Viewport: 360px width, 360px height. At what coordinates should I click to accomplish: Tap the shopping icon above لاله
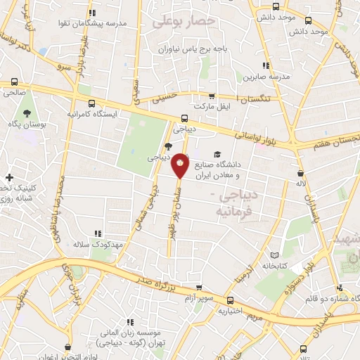(301, 172)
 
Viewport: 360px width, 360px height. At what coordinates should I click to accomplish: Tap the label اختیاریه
(231, 309)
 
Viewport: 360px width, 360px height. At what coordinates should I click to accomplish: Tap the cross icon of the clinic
(9, 176)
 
